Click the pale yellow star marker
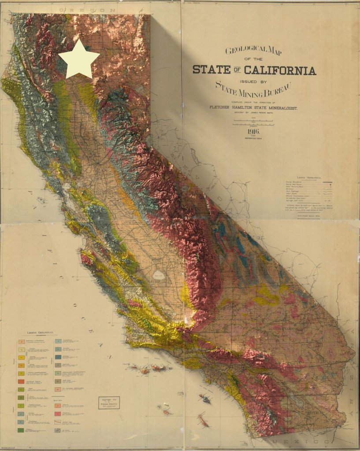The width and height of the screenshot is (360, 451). tap(79, 59)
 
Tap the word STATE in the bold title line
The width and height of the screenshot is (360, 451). tap(211, 70)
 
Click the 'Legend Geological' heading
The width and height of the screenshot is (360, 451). tap(39, 332)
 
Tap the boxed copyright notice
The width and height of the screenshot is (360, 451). tap(109, 403)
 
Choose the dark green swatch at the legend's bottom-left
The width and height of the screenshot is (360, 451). tap(21, 429)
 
